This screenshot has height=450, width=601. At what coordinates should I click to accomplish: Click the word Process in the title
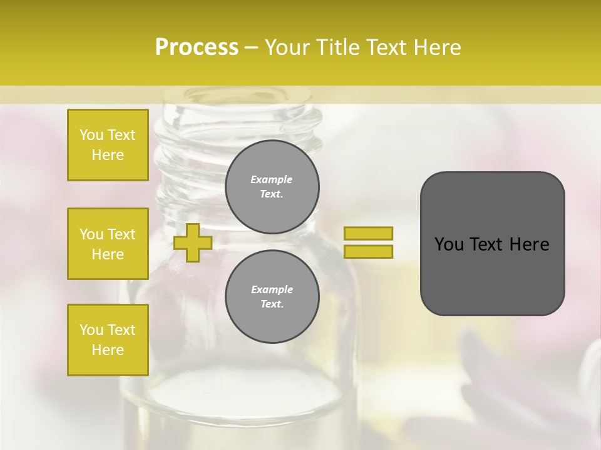[197, 47]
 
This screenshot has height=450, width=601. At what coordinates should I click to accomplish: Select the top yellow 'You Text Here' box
[108, 145]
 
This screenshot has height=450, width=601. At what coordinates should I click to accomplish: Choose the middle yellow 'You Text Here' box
[108, 244]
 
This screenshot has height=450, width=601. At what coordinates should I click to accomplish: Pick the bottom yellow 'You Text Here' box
[108, 340]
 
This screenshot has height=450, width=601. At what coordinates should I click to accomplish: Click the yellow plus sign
[192, 242]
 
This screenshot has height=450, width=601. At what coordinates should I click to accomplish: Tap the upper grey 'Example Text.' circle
[272, 187]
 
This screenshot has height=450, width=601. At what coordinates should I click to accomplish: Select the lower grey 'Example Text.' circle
[272, 296]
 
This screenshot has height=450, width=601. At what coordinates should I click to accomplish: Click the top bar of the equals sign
[368, 233]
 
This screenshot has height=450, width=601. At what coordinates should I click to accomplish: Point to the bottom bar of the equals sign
[368, 251]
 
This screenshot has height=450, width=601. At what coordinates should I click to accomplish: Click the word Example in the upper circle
[271, 179]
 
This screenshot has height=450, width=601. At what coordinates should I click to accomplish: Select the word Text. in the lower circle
[272, 304]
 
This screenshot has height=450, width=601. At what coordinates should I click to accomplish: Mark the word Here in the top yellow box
[108, 155]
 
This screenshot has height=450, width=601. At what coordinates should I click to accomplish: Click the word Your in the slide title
[287, 47]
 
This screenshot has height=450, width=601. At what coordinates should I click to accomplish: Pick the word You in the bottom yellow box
[91, 330]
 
